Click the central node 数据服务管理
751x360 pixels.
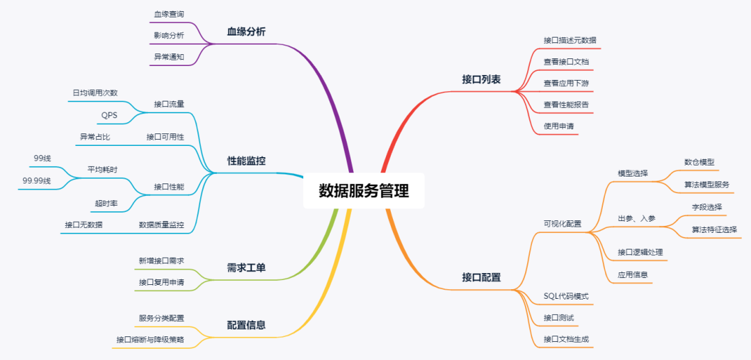click(364, 191)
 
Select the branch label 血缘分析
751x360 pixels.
click(246, 31)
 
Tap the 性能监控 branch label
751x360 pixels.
click(246, 161)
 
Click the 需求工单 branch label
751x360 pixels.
click(246, 267)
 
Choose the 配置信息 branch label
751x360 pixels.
click(246, 325)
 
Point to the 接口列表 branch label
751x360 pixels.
click(481, 79)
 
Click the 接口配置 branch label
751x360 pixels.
click(481, 277)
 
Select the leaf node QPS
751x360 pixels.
click(109, 115)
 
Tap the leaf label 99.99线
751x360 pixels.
click(37, 180)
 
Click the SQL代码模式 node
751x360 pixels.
click(566, 296)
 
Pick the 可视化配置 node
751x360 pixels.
click(563, 224)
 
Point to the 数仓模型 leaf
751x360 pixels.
click(699, 162)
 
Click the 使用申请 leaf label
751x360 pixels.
click(558, 126)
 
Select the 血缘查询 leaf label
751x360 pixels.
click(169, 14)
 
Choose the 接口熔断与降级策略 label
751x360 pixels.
click(150, 339)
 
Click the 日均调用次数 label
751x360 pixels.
click(95, 92)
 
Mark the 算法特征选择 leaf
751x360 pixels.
click(714, 229)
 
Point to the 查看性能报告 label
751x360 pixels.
click(566, 105)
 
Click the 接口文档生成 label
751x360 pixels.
click(567, 339)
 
